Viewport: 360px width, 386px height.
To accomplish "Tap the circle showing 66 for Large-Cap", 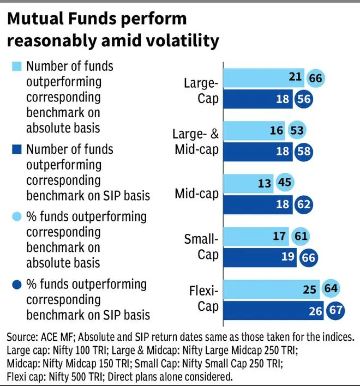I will pyautogui.click(x=315, y=78).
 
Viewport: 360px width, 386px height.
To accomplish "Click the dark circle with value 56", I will pyautogui.click(x=303, y=99).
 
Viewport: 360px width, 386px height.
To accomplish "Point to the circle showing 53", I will pyautogui.click(x=297, y=130).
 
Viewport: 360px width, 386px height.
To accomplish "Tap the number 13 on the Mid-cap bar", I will pyautogui.click(x=265, y=183).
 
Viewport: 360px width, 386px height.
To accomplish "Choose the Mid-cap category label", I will pyautogui.click(x=197, y=194).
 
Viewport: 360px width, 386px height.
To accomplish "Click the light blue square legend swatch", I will pyautogui.click(x=17, y=67).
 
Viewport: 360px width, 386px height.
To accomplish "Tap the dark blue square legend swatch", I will pyautogui.click(x=17, y=149).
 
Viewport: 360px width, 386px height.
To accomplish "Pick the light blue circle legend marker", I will pyautogui.click(x=17, y=216).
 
